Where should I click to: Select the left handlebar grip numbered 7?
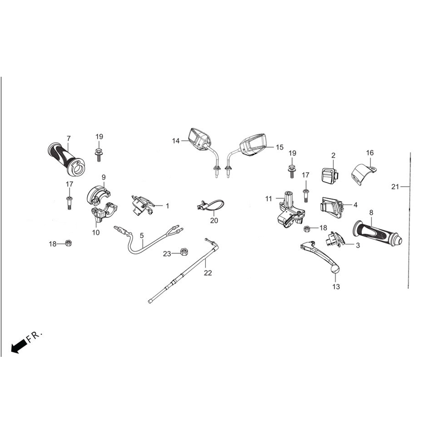pos(66,159)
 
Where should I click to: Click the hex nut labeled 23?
pos(183,252)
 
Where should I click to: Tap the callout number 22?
pos(208,273)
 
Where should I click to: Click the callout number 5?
pos(142,236)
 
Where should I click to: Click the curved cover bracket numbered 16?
pos(363,174)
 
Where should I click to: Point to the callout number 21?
pos(395,187)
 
